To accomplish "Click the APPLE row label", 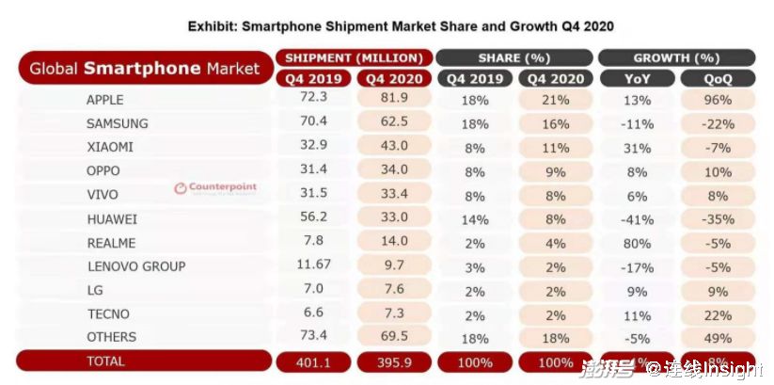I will (104, 99).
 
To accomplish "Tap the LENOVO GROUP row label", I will (135, 266).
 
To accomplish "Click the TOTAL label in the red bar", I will (105, 361).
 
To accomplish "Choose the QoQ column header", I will (718, 79).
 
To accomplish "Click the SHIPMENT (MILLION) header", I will (354, 58).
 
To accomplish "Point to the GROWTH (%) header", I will (676, 58).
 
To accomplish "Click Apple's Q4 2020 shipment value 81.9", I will (393, 99).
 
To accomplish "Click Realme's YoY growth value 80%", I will (637, 243).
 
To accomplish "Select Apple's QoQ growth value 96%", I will (719, 100).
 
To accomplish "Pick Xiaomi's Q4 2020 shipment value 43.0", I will (393, 147).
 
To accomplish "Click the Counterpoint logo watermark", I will (215, 187).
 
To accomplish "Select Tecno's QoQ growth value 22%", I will (719, 314).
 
